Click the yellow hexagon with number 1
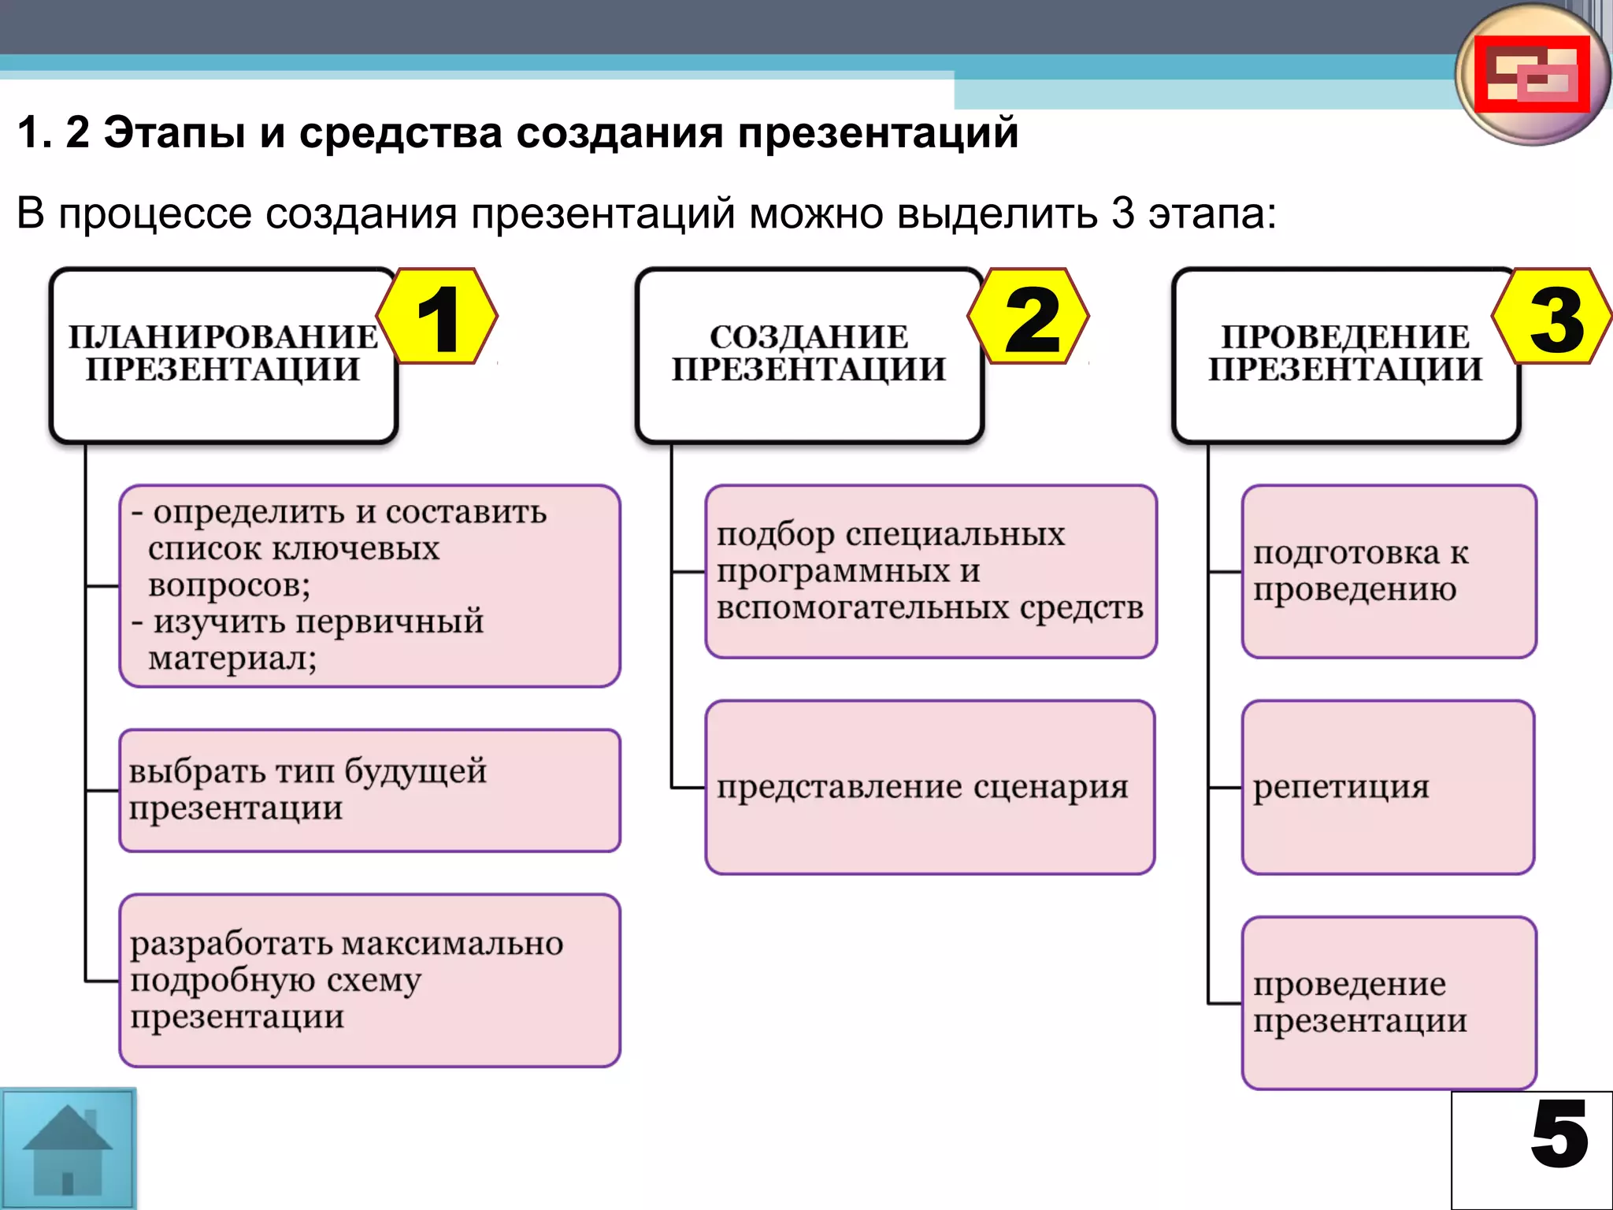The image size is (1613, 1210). pos(437,317)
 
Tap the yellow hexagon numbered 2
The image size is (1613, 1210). pos(1029,317)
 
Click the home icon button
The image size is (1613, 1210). pos(68,1149)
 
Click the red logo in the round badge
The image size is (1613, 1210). pos(1531,75)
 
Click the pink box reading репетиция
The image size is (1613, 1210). pos(1388,787)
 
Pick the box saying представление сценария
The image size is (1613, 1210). pos(929,787)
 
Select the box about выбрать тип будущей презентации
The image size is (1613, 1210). pos(369,790)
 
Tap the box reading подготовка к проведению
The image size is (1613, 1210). pos(1389,571)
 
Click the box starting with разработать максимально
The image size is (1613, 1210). pos(369,980)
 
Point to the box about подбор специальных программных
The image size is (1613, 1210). pos(930,571)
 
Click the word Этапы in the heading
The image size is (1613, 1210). pos(174,132)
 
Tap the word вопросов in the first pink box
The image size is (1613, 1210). pos(229,585)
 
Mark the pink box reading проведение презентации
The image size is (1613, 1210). pos(1389,1002)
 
